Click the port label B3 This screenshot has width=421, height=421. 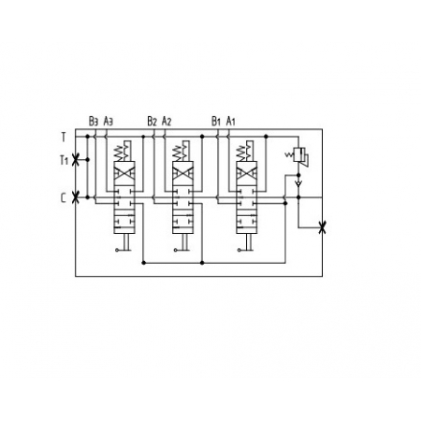pyautogui.click(x=94, y=121)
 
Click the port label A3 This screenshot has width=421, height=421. pyautogui.click(x=108, y=121)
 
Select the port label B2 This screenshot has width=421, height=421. pyautogui.click(x=152, y=121)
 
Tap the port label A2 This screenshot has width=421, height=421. pyautogui.click(x=167, y=121)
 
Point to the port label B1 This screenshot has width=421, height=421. pyautogui.click(x=216, y=121)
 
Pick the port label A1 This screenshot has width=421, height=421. pyautogui.click(x=230, y=121)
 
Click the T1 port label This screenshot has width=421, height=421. pyautogui.click(x=64, y=160)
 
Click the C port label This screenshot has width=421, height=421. pyautogui.click(x=64, y=198)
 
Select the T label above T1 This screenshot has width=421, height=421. pyautogui.click(x=64, y=137)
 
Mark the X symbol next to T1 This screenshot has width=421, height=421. pyautogui.click(x=75, y=160)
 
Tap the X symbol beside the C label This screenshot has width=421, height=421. pyautogui.click(x=75, y=197)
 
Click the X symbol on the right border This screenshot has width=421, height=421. pyautogui.click(x=323, y=227)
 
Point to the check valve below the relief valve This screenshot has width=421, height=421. pyautogui.click(x=298, y=183)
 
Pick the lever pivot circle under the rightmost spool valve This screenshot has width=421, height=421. pyautogui.click(x=240, y=250)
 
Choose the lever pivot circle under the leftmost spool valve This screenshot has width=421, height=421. pyautogui.click(x=117, y=250)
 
